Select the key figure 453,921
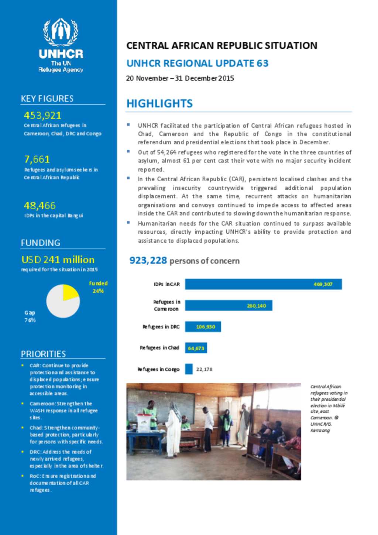(42, 116)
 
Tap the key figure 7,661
(37, 160)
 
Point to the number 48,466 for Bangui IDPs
(40, 206)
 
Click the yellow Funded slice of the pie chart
(70, 293)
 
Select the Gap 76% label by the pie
(30, 316)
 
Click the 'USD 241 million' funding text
(58, 260)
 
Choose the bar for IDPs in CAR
(263, 284)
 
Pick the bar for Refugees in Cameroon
(228, 305)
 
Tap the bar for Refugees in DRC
(203, 327)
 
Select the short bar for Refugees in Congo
(189, 369)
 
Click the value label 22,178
(204, 369)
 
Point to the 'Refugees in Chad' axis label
(159, 348)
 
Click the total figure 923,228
(148, 260)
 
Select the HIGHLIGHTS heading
(159, 103)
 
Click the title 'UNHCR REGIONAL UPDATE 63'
(197, 63)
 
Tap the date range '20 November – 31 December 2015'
(180, 78)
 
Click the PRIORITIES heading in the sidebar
(43, 354)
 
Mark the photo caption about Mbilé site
(328, 408)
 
